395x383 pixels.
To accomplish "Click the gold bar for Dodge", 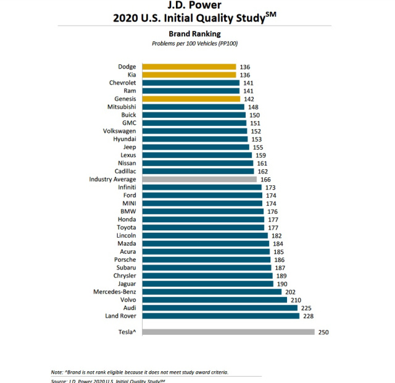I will click(189, 67).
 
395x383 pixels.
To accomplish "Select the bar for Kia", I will click(189, 75).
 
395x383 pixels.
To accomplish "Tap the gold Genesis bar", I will click(191, 99).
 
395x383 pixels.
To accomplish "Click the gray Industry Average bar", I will click(199, 179).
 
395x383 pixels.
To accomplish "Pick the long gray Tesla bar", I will click(228, 332).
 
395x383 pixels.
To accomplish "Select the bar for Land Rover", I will click(220, 316).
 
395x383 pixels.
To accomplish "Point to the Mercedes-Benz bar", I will click(212, 292).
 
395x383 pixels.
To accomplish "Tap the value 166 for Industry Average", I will click(266, 179).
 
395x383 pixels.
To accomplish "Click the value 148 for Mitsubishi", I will click(253, 107).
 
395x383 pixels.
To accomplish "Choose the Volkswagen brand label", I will click(120, 131).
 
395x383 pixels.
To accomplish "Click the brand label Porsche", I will click(123, 259).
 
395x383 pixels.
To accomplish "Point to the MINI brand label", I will click(128, 203).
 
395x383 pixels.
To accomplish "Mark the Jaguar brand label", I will click(124, 284).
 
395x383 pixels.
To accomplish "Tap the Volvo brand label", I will click(126, 300).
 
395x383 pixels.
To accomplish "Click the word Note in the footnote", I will click(56, 372).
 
